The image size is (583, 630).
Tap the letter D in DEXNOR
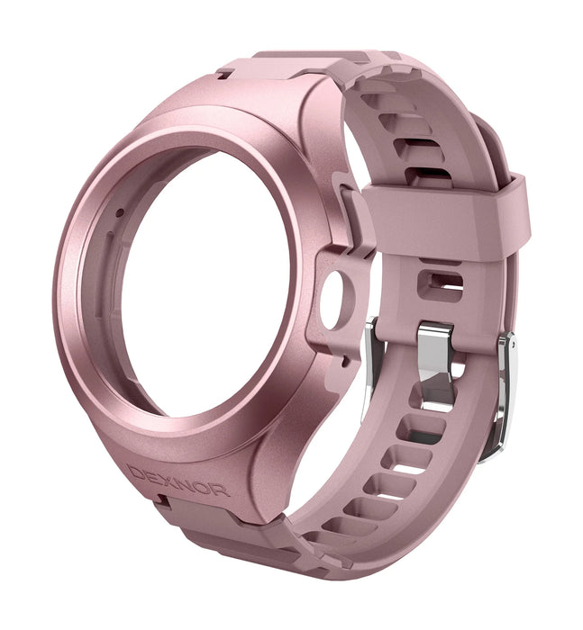click(137, 471)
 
